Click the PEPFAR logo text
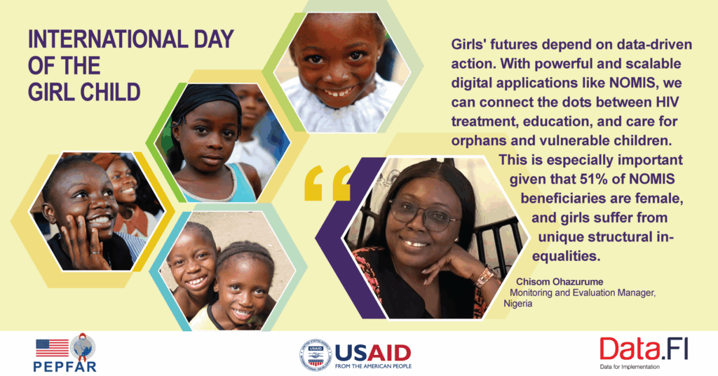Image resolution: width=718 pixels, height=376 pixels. point(65,366)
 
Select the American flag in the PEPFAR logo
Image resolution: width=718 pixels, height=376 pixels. point(52,348)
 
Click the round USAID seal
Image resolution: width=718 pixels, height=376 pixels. point(315,354)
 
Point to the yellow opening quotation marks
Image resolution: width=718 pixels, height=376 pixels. point(328,183)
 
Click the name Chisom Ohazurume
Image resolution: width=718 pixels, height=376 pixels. point(560,282)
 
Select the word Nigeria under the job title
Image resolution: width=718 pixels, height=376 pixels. point(518,303)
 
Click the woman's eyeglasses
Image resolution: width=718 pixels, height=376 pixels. point(423,214)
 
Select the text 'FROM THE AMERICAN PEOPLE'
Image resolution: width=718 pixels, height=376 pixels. point(373,366)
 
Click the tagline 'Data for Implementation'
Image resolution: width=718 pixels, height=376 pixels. point(630,367)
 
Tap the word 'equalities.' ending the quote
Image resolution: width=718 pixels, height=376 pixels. point(566,256)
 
